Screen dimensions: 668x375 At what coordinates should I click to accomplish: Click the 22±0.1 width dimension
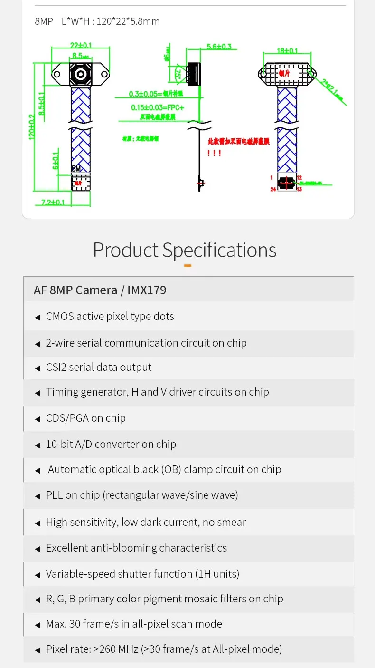click(x=81, y=46)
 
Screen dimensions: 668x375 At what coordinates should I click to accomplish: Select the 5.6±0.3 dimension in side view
click(x=219, y=47)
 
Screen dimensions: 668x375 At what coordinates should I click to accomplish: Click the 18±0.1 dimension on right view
click(x=288, y=51)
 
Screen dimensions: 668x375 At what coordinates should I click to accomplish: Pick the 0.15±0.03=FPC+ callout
click(x=158, y=108)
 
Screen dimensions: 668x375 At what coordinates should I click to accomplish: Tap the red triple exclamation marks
click(x=214, y=153)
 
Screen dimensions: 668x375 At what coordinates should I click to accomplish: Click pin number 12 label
click(x=300, y=177)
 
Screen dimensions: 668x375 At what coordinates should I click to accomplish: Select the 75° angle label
click(x=178, y=73)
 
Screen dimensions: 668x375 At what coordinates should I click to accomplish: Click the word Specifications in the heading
click(x=219, y=250)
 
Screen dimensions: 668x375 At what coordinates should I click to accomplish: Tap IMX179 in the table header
click(x=147, y=290)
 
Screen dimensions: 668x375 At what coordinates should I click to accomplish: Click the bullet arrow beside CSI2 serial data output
click(x=37, y=368)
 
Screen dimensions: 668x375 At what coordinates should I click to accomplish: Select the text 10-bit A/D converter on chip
click(x=111, y=445)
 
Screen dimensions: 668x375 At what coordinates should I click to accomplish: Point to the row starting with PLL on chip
click(x=142, y=495)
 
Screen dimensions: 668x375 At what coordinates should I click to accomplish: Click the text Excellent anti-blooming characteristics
click(x=136, y=548)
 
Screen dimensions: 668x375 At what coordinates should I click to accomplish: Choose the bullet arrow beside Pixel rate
click(x=37, y=650)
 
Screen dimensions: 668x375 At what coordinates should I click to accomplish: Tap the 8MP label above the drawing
click(x=44, y=21)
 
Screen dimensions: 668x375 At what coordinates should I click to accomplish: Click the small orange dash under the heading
click(x=187, y=265)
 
